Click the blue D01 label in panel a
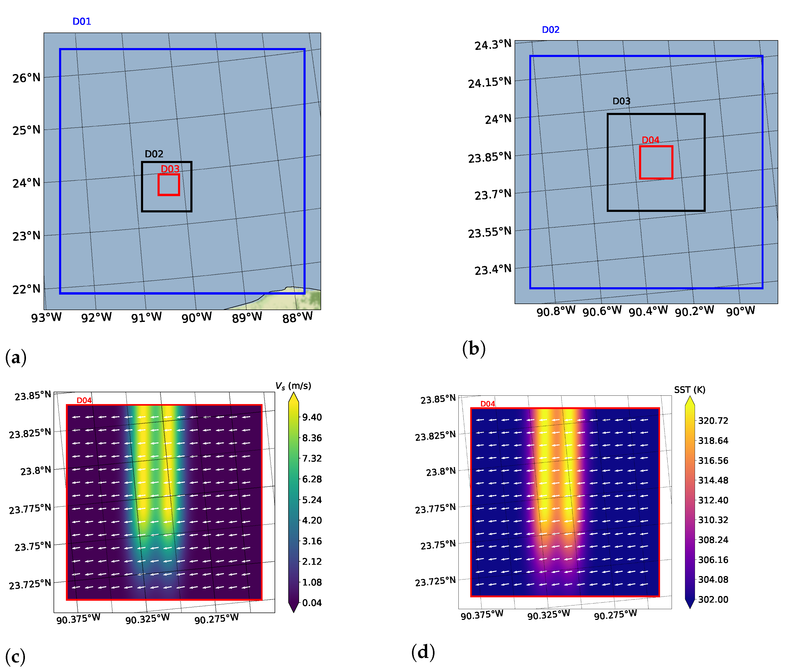pyautogui.click(x=82, y=22)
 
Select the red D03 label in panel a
pyautogui.click(x=170, y=169)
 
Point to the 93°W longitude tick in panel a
pyautogui.click(x=46, y=317)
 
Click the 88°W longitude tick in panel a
pyautogui.click(x=297, y=317)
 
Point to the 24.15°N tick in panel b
pyautogui.click(x=489, y=82)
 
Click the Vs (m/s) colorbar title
pyautogui.click(x=293, y=386)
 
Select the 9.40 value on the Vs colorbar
pyautogui.click(x=312, y=417)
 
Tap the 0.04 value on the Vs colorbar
pyautogui.click(x=312, y=603)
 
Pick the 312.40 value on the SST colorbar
pyautogui.click(x=713, y=500)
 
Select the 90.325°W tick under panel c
pyautogui.click(x=148, y=619)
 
